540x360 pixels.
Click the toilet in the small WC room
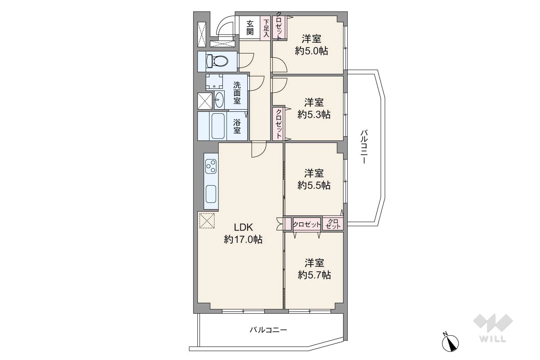[217, 61]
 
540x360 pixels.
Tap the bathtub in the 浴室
[218, 126]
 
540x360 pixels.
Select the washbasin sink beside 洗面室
[219, 100]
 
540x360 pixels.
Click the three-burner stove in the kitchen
[211, 166]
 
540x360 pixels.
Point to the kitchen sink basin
[211, 194]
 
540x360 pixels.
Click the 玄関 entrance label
[250, 28]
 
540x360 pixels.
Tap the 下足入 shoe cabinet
[266, 28]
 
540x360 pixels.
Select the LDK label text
[243, 227]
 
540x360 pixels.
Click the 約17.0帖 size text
[243, 239]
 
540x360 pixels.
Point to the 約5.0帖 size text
[311, 51]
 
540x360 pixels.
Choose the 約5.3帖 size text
[314, 115]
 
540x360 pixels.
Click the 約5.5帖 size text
[314, 185]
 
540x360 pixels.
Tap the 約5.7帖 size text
[314, 275]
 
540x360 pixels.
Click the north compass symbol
[450, 343]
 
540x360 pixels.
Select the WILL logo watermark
[493, 328]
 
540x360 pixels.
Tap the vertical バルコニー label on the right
[364, 147]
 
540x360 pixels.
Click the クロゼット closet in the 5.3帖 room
[279, 124]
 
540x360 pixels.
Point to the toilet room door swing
[246, 60]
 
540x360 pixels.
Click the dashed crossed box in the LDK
[207, 220]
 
